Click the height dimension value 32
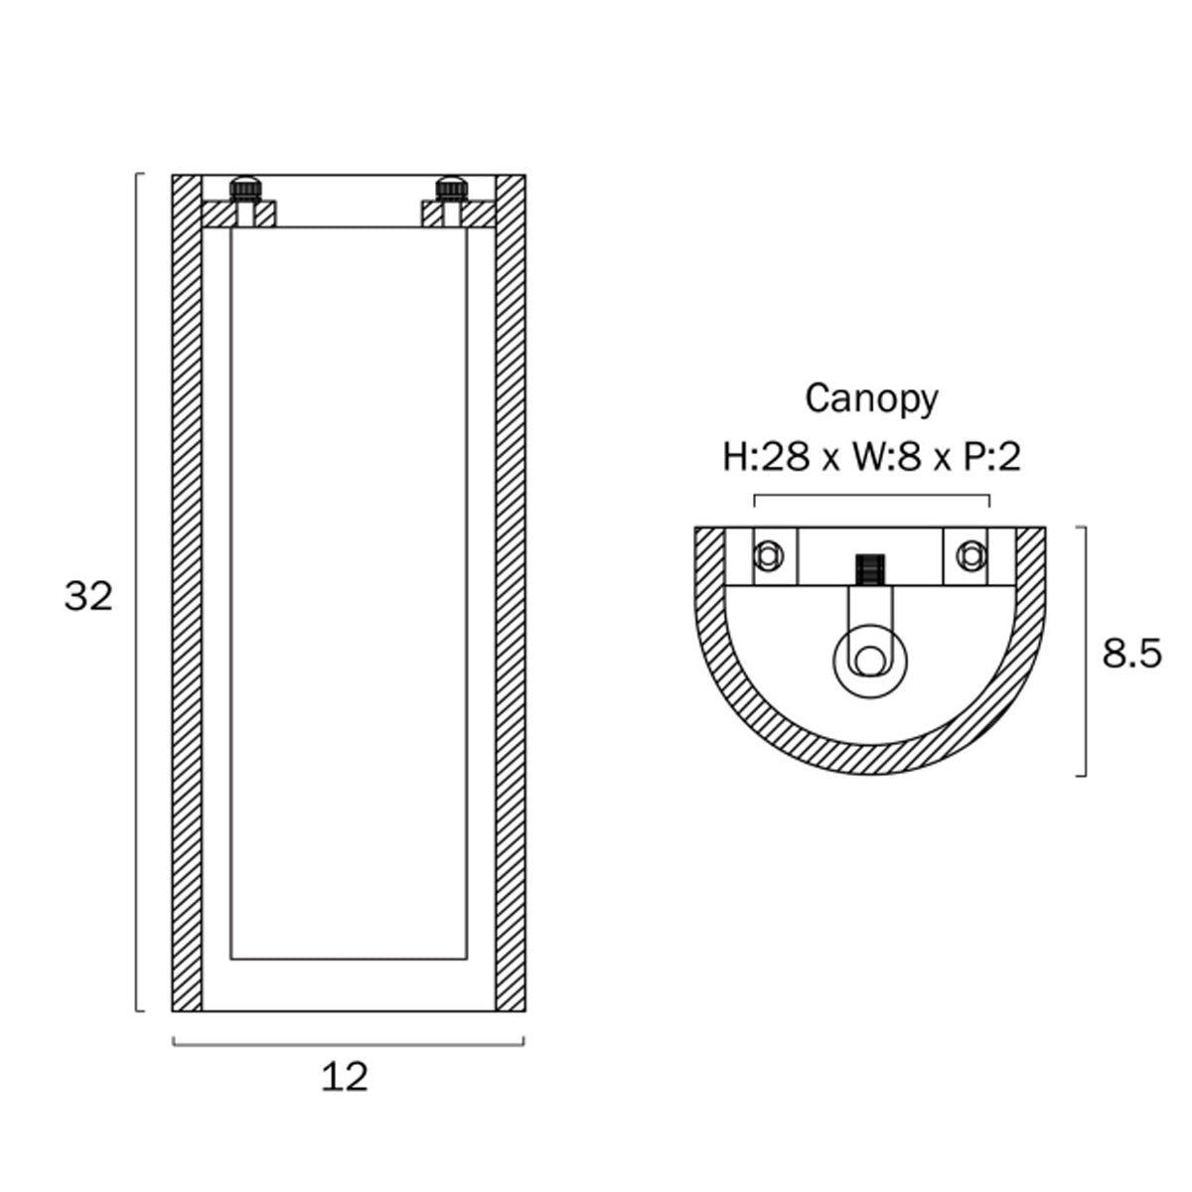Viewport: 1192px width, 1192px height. [x=88, y=597]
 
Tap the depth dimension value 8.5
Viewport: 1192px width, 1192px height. [x=1132, y=654]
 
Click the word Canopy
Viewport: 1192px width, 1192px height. [x=871, y=399]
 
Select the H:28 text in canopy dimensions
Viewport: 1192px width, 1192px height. [x=766, y=458]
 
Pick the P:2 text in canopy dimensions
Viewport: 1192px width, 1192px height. [x=989, y=458]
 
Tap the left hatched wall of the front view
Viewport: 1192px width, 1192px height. [x=187, y=593]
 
